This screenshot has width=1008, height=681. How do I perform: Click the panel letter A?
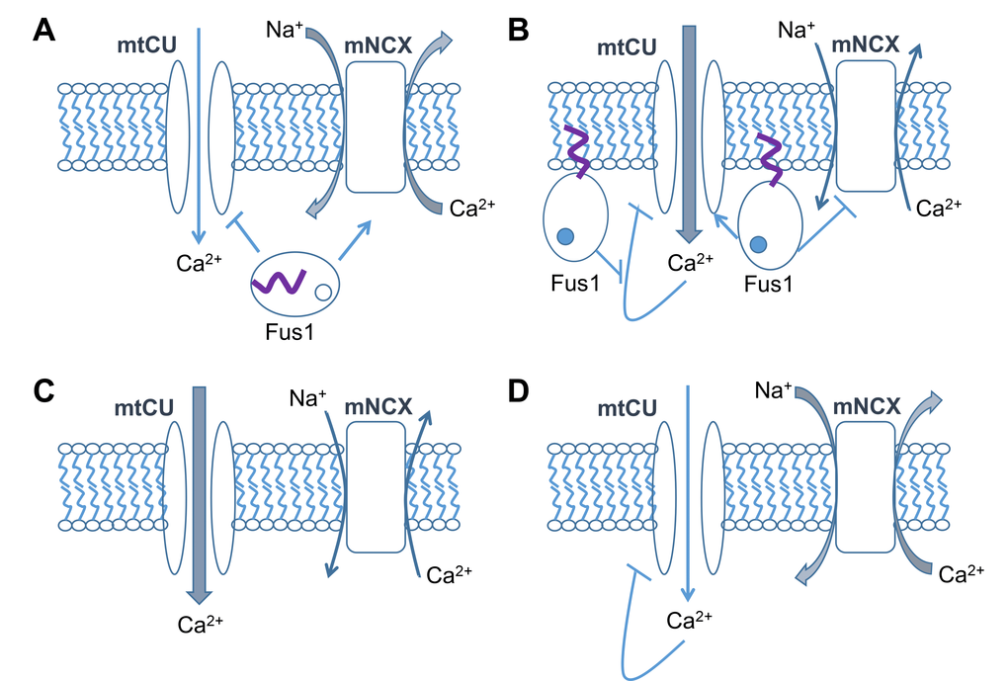(43, 30)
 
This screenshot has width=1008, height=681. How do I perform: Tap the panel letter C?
(43, 390)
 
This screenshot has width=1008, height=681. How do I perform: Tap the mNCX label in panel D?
(865, 405)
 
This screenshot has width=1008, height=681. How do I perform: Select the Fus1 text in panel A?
(291, 333)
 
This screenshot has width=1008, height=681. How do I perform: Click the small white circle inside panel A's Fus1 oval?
(322, 292)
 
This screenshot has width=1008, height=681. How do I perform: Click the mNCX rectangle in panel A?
(377, 126)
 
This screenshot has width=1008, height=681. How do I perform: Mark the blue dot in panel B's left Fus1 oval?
(564, 237)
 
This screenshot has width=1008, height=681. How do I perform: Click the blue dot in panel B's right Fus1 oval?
(758, 244)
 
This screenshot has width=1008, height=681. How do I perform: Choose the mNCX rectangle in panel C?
(377, 486)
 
